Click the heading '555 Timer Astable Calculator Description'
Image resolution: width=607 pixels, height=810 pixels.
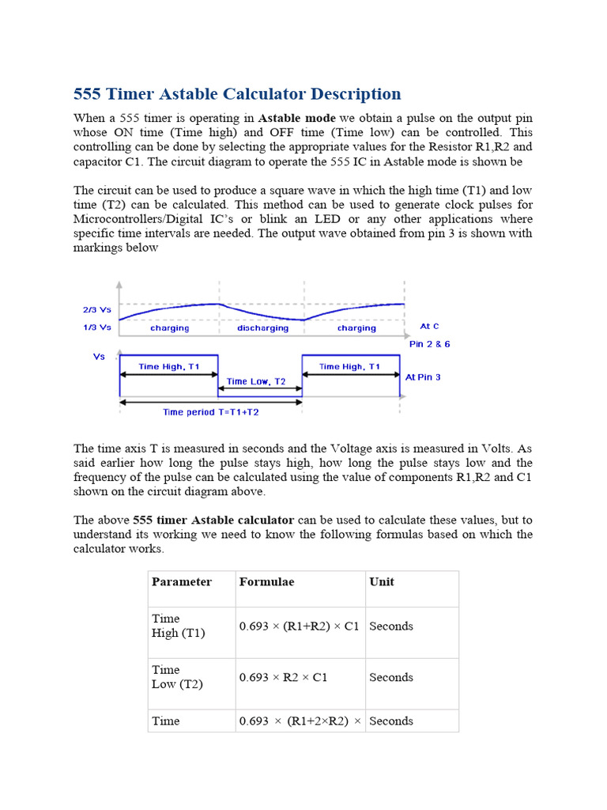point(237,94)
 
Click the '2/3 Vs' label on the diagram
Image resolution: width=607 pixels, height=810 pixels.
point(97,310)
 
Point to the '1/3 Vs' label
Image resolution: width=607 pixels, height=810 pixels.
point(97,327)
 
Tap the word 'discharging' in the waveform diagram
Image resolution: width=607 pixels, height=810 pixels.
point(262,327)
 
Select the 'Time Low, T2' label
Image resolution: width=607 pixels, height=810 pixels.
point(255,381)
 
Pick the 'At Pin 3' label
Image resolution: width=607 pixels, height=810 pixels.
point(423,377)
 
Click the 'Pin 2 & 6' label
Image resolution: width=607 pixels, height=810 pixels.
point(429,344)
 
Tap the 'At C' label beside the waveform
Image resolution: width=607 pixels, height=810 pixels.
point(429,326)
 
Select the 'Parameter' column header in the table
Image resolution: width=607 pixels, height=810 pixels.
point(182,582)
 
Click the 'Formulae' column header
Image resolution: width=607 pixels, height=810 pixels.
point(266,582)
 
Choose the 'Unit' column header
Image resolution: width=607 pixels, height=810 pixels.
point(382,582)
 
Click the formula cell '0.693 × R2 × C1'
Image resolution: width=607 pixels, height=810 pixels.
point(283,678)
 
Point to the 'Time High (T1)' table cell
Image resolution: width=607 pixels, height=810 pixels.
point(178,626)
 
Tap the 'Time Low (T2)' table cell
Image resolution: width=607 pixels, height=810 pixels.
point(177,677)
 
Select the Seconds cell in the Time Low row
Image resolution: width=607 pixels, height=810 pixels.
point(391,678)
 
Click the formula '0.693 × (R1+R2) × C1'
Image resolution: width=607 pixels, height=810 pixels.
point(299,626)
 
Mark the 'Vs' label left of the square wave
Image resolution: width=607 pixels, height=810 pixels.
point(99,357)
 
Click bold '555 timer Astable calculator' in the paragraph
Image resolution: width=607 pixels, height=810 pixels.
point(213,520)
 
